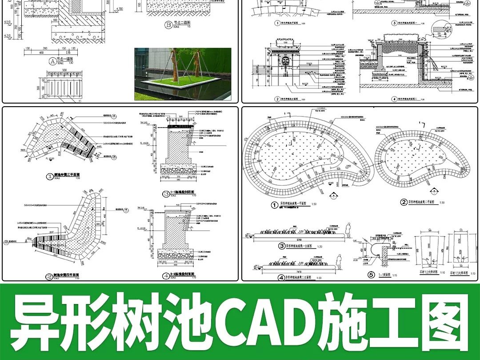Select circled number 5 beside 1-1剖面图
click(x=372, y=275)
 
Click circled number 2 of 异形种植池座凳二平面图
click(x=404, y=202)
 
